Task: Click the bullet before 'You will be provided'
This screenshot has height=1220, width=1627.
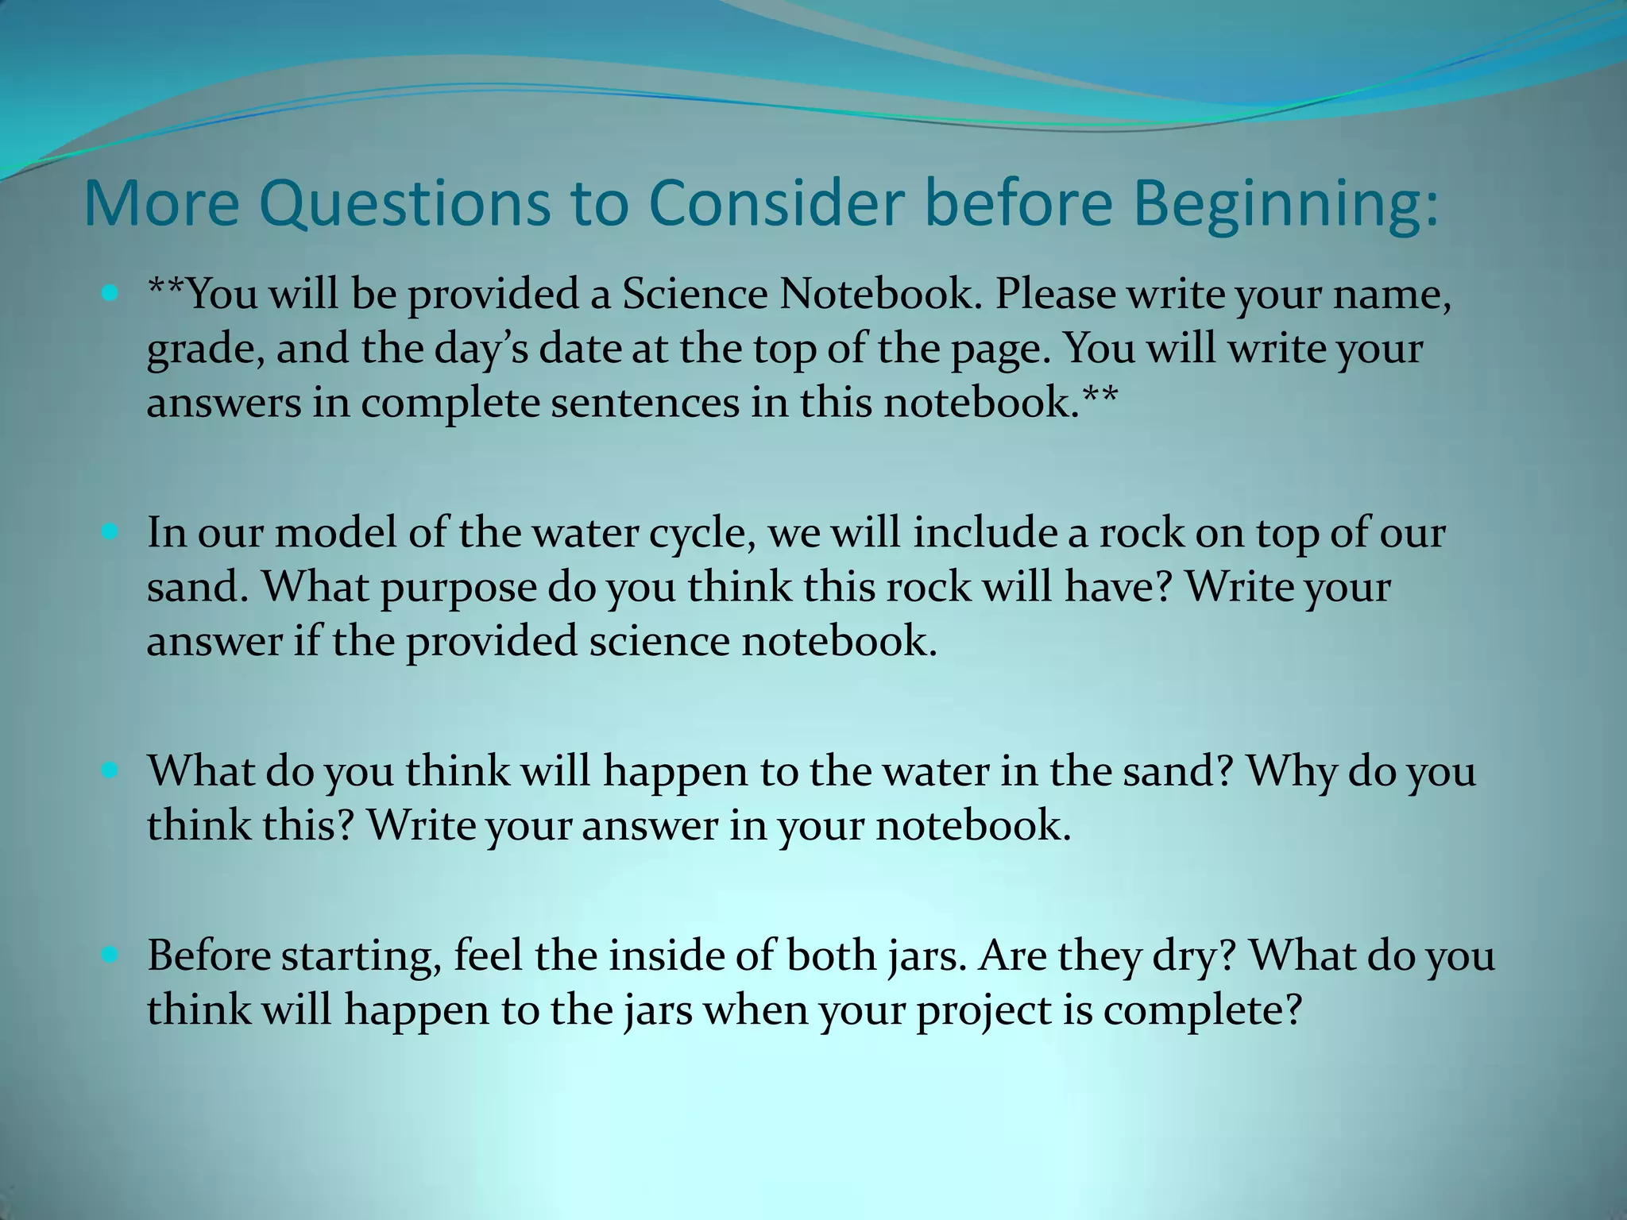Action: coord(110,293)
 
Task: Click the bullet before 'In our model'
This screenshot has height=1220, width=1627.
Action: coord(110,531)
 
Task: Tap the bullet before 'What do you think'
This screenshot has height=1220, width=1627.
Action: coord(110,770)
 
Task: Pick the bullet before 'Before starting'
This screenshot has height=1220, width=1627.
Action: coord(110,955)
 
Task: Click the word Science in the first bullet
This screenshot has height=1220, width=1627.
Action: coord(694,294)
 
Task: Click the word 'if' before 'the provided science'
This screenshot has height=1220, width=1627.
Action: coord(307,640)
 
